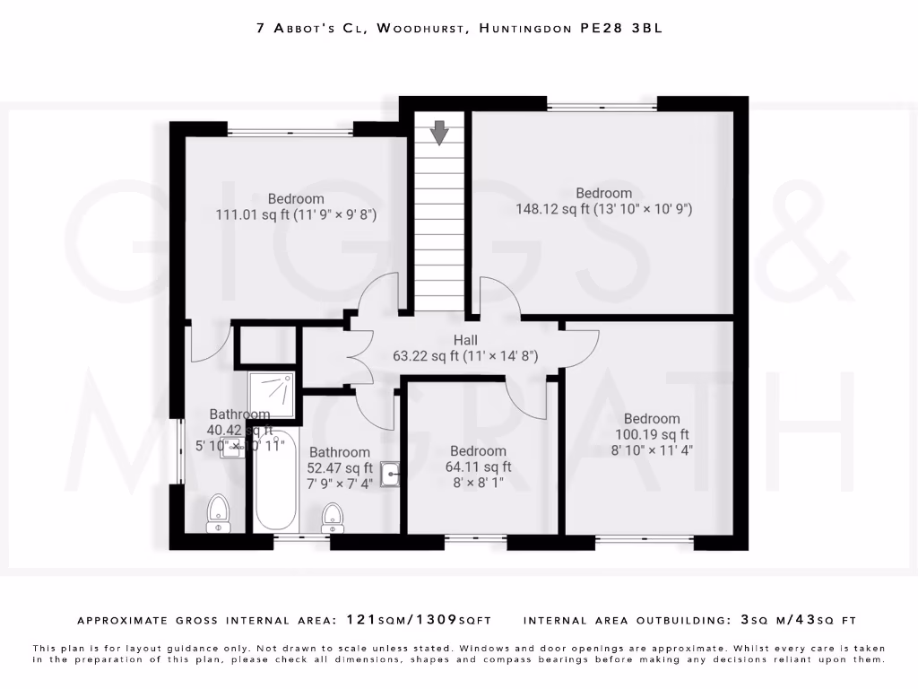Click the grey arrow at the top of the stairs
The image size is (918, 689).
tap(439, 133)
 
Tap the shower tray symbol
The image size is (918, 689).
tap(272, 396)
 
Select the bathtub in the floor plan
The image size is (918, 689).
tap(275, 481)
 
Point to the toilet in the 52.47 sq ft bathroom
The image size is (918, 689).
tap(333, 517)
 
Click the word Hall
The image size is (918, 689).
tap(465, 340)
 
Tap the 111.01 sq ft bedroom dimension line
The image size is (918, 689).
tap(295, 214)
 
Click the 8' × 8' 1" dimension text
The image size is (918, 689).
tap(479, 482)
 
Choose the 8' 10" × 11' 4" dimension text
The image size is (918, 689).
tap(652, 449)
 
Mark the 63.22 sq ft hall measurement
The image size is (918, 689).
tap(465, 356)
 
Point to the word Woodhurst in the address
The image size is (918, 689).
tap(421, 29)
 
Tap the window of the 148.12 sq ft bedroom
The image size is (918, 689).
tap(602, 108)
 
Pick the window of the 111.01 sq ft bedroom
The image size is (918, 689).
tap(290, 133)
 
